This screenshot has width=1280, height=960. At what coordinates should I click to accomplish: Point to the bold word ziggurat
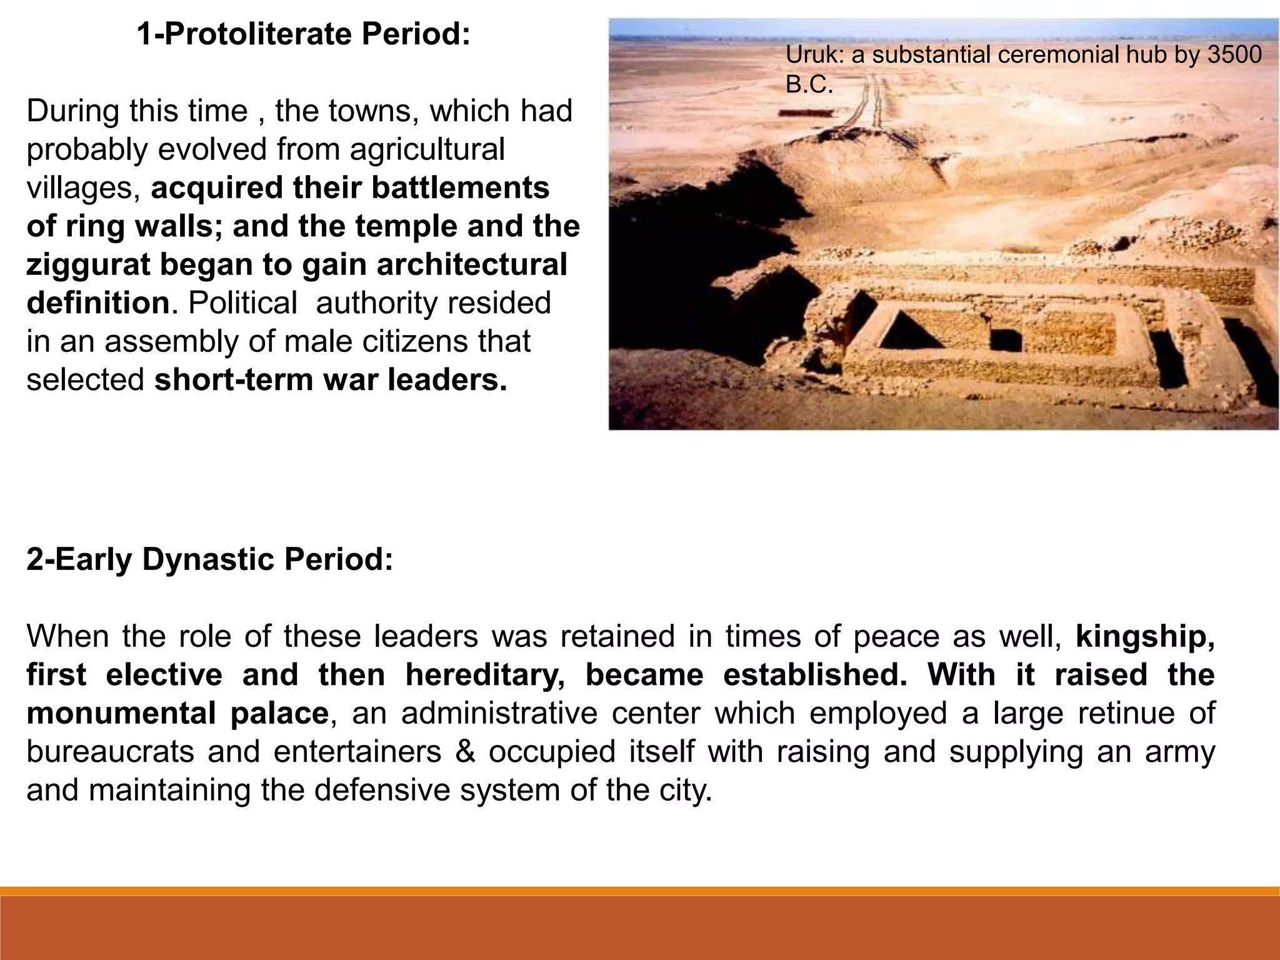click(x=87, y=265)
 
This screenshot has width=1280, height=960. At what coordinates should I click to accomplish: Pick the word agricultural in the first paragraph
click(x=427, y=149)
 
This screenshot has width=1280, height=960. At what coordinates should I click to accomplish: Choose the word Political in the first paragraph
click(x=242, y=303)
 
